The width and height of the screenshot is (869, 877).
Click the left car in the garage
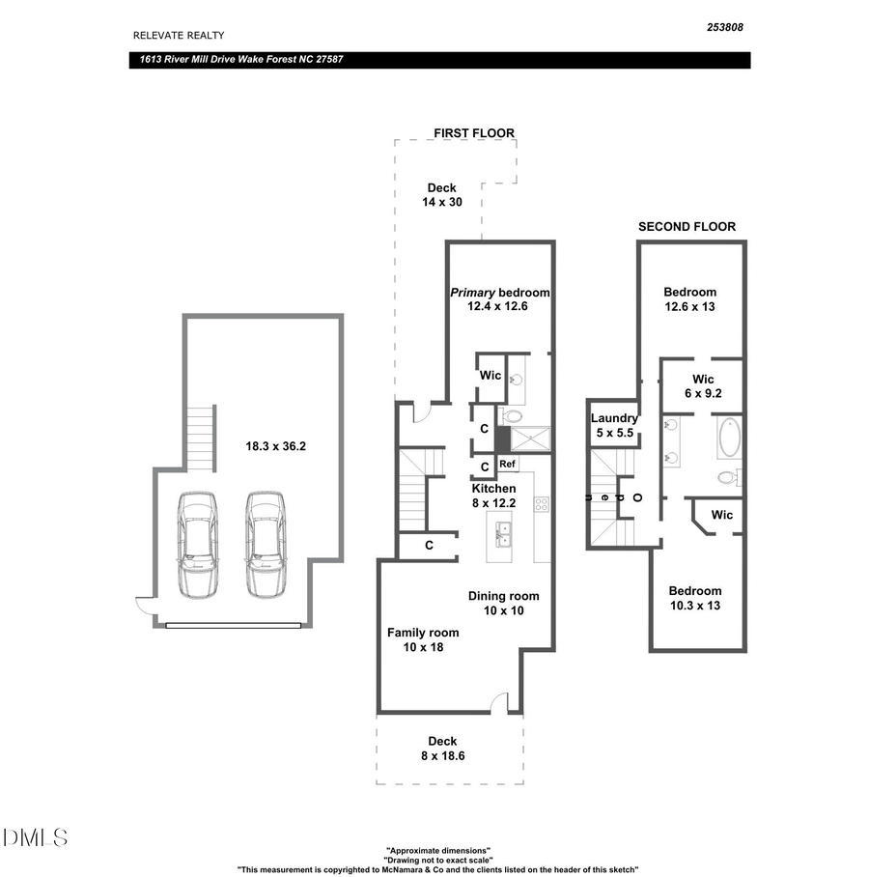[198, 544]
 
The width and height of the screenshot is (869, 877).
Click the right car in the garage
[265, 544]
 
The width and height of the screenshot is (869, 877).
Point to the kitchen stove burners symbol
[542, 504]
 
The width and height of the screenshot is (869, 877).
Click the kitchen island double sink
[504, 531]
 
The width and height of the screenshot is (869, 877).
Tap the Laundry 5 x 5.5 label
[614, 425]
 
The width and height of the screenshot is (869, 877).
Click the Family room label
[423, 639]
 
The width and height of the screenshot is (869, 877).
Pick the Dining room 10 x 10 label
[503, 603]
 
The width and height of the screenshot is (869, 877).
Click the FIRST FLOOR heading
[473, 133]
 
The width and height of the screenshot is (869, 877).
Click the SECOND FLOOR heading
[687, 227]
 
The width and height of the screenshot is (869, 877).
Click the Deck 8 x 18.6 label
[442, 749]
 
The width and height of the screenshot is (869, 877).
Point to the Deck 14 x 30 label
[442, 195]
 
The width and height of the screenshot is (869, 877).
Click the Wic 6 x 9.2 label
[703, 386]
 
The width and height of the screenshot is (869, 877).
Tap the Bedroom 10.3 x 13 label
[695, 598]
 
